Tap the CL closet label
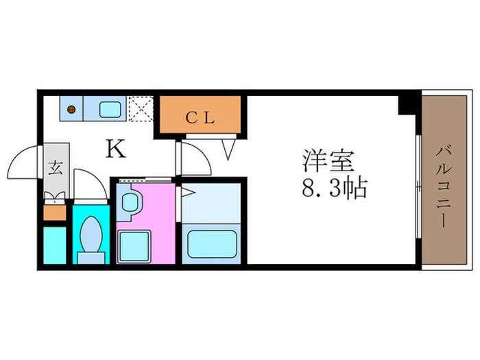coord(202,117)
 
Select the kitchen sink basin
coord(110,108)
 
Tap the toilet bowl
coord(91,237)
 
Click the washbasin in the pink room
coord(130,203)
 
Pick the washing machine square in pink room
coord(134,244)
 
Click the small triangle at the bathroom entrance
coord(183,194)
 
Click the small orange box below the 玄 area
coord(55,213)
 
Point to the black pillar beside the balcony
coord(409,104)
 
